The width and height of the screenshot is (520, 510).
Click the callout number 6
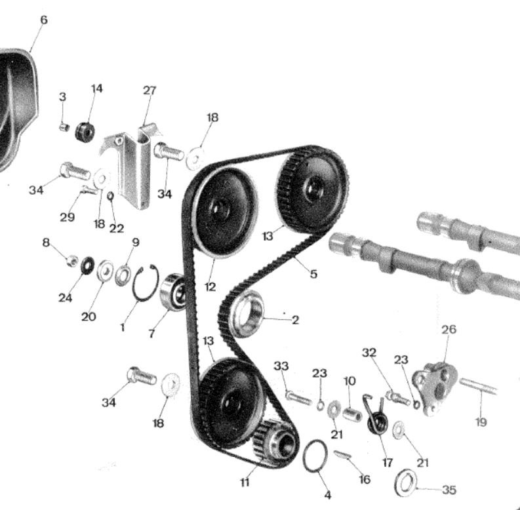[x=44, y=20]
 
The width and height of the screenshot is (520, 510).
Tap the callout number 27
[x=150, y=90]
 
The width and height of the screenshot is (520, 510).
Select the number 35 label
[x=449, y=490]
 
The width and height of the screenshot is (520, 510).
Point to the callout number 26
[x=449, y=329]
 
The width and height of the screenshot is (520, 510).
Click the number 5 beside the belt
[x=313, y=274]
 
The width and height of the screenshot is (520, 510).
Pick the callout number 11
[x=245, y=482]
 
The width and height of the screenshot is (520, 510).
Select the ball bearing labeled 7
[x=172, y=292]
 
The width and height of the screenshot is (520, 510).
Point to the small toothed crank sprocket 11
[x=274, y=442]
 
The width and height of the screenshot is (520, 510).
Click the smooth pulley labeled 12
[x=226, y=212]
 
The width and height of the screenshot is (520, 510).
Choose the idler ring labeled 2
[x=248, y=314]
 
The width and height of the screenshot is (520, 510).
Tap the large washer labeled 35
[x=406, y=483]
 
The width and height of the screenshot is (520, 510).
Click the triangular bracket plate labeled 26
[x=435, y=388]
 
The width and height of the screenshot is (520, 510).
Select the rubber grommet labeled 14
[x=85, y=132]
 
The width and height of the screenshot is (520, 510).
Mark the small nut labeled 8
[x=72, y=261]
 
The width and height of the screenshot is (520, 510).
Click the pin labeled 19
[x=478, y=386]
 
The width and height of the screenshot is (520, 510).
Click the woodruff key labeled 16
[x=342, y=455]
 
